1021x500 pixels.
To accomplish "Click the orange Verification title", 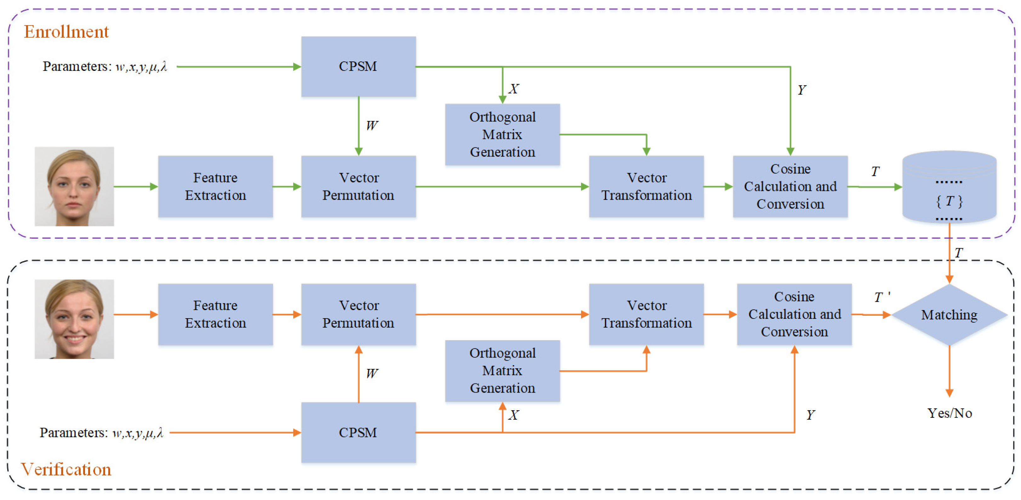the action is [66, 469].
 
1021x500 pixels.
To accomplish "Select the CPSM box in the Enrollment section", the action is [358, 66].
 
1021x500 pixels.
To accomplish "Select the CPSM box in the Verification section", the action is [358, 433].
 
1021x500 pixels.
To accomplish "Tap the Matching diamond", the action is [949, 315].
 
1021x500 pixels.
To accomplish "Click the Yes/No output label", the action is [950, 413].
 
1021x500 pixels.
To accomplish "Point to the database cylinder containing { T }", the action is [949, 187].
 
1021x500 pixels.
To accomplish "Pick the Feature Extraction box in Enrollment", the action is [216, 187].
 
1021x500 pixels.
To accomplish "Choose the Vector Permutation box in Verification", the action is [358, 314].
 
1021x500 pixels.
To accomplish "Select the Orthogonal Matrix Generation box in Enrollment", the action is [503, 135].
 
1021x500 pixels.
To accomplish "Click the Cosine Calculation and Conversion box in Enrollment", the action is [790, 187].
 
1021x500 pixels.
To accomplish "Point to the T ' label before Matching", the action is [882, 297].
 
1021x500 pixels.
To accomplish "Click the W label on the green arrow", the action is [372, 126].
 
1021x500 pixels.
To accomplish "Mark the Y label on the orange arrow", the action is [811, 415].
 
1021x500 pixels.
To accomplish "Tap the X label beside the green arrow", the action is [514, 89].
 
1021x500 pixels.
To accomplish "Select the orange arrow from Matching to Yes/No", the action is [949, 371].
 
